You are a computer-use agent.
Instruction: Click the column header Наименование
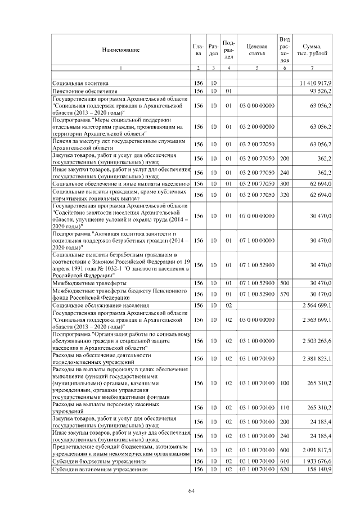coord(120,49)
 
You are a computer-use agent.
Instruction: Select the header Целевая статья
coord(256,49)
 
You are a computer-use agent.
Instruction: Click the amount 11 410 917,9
coord(317,83)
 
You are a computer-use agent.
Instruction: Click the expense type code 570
coord(285,294)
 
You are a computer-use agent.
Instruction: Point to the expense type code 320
coord(285,195)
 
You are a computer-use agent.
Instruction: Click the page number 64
coord(191,491)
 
